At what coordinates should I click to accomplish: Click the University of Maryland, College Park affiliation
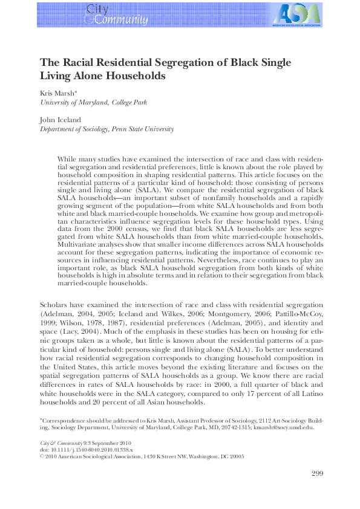tap(93, 103)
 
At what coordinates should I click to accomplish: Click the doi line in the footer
tap(78, 450)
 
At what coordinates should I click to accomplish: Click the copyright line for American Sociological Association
tap(142, 457)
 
